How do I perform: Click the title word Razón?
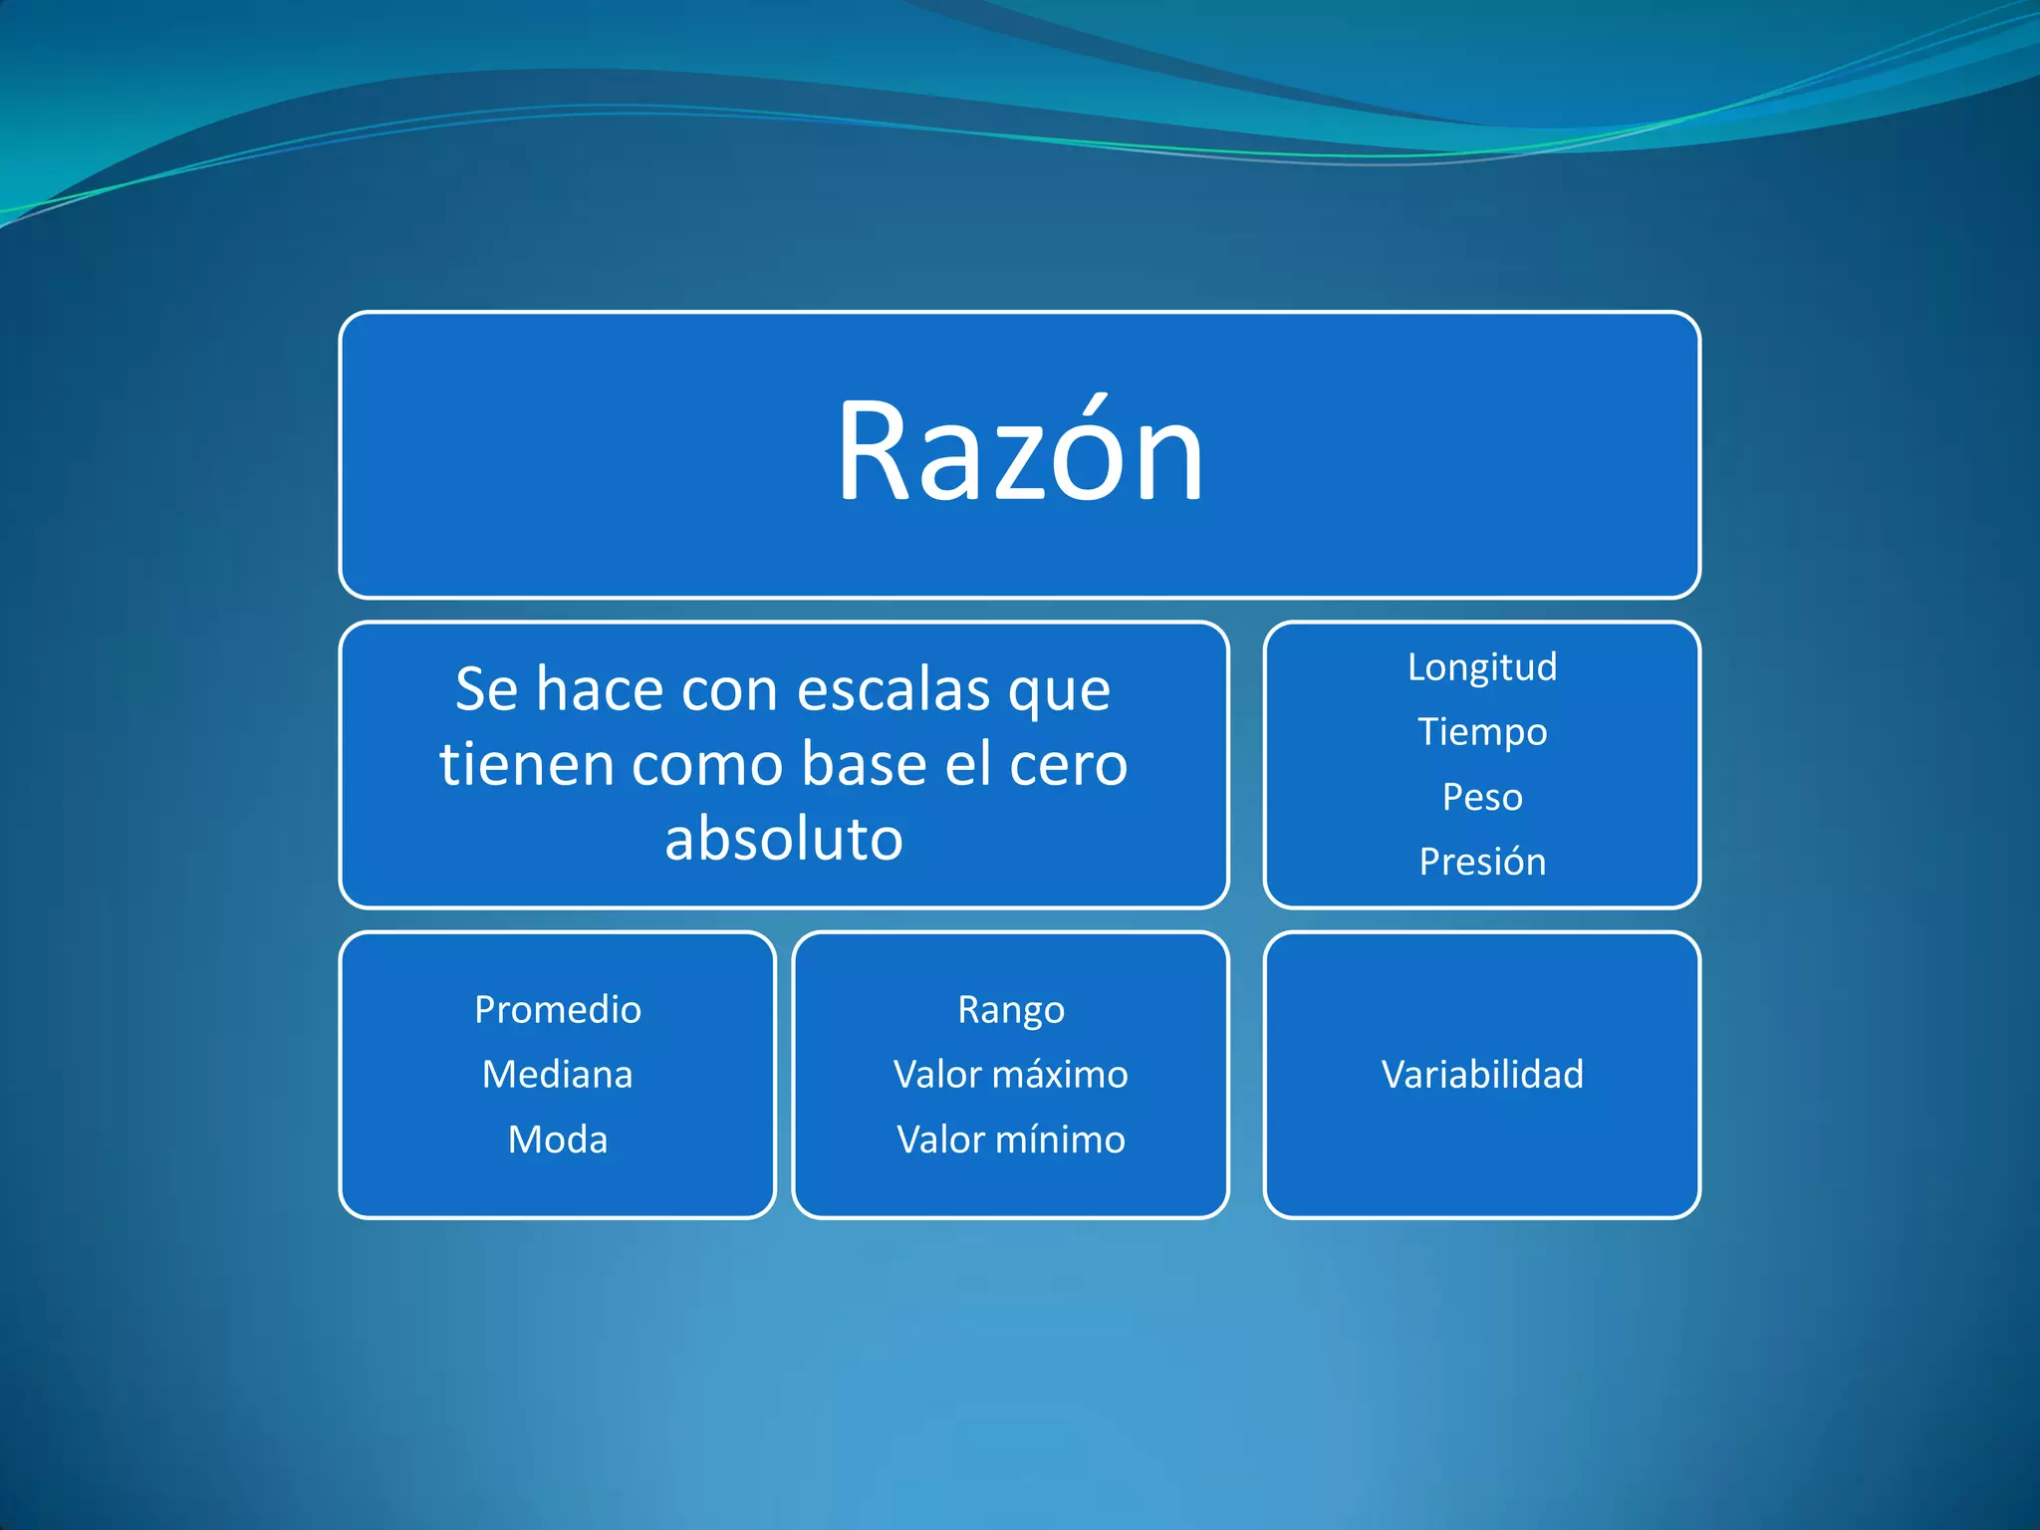click(x=1019, y=453)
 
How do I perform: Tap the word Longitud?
click(x=1481, y=667)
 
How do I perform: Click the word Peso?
click(x=1481, y=797)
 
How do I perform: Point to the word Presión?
click(x=1481, y=862)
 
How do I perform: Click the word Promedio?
click(x=557, y=1010)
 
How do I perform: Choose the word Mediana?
click(x=557, y=1075)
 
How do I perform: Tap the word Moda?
click(x=557, y=1140)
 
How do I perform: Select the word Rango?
click(x=1010, y=1010)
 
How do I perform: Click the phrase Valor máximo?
click(x=1010, y=1075)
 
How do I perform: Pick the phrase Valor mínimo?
click(x=1010, y=1140)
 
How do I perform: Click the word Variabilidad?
click(x=1481, y=1075)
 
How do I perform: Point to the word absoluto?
click(x=784, y=839)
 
